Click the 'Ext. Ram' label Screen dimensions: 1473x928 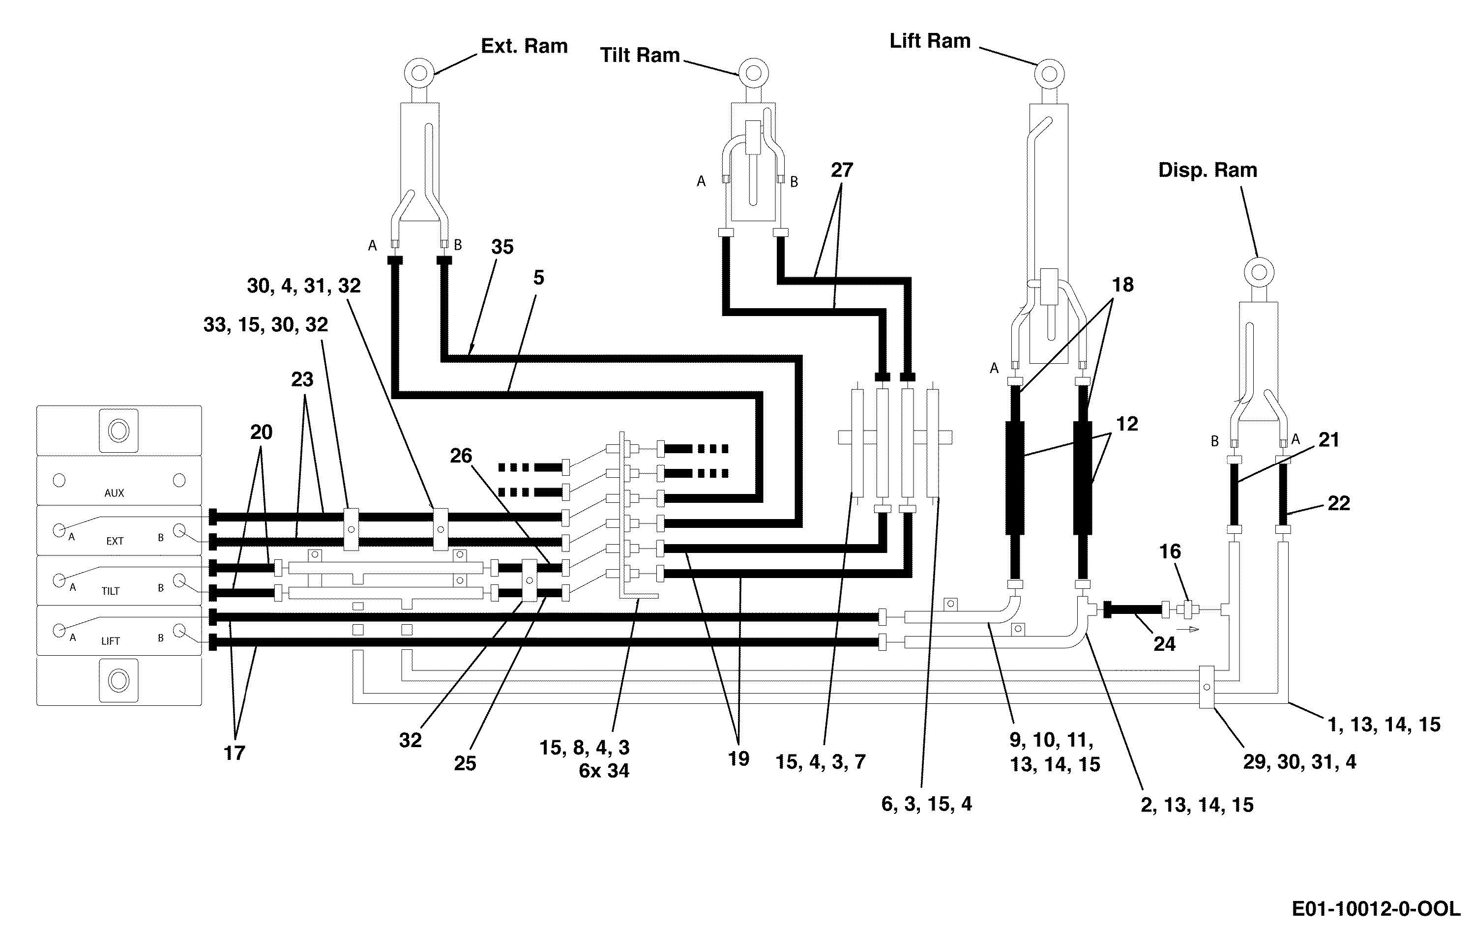[524, 46]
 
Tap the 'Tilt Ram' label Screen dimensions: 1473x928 [640, 55]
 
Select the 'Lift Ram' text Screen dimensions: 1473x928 [930, 41]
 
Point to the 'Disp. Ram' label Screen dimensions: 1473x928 [1208, 170]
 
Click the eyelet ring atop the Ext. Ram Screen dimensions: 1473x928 [419, 73]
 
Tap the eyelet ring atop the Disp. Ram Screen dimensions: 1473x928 [1259, 272]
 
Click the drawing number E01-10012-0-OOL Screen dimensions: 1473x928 [1376, 909]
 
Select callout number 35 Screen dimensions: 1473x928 [502, 247]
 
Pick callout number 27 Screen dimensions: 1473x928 [842, 170]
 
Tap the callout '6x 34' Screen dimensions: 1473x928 [604, 771]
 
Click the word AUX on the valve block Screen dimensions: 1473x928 [115, 493]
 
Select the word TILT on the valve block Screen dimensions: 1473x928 [110, 591]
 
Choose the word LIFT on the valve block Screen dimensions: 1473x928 [111, 641]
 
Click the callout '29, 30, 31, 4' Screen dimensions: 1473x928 [1299, 761]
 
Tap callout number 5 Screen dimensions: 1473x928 [538, 278]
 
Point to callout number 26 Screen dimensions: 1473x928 [461, 456]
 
